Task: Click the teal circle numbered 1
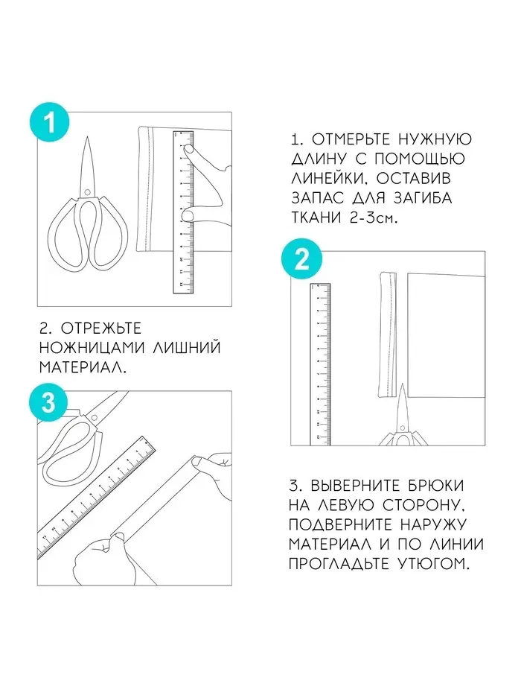[50, 122]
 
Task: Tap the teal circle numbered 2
[301, 258]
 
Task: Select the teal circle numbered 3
[48, 402]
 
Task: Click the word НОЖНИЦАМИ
[92, 347]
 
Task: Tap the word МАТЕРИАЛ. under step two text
[83, 367]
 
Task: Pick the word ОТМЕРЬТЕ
[351, 139]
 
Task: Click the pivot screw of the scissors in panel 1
[87, 192]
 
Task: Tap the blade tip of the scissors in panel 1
[87, 137]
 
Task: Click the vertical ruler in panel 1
[183, 212]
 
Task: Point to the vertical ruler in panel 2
[320, 364]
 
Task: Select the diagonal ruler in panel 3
[97, 498]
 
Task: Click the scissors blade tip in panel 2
[402, 384]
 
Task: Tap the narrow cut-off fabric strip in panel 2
[388, 335]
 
